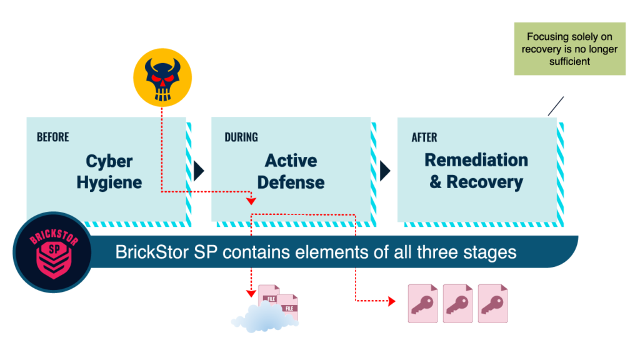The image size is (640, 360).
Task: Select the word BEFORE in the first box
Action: pos(52,137)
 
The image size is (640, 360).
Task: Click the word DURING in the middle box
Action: pos(241,137)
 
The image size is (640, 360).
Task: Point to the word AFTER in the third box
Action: pos(424,137)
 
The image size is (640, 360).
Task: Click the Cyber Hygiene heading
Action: pos(109,172)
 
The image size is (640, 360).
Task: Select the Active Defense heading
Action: pos(291,171)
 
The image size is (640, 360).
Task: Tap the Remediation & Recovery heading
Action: pos(476,171)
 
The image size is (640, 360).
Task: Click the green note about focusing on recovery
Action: pos(569,49)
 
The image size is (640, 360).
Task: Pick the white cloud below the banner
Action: pos(264,317)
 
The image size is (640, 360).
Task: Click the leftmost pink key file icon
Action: pos(423,303)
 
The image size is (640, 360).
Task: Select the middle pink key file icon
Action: pos(458,303)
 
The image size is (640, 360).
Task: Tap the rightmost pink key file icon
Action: pos(493,303)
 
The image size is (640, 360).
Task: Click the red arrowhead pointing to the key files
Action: pos(391,302)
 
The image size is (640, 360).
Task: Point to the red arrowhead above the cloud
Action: pos(251,292)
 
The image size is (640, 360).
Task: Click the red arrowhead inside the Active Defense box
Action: pos(251,201)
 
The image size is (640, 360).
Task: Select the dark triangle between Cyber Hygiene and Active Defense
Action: pos(198,170)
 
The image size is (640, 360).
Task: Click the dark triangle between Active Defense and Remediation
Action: pos(384,170)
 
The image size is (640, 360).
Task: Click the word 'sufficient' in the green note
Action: pos(569,61)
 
